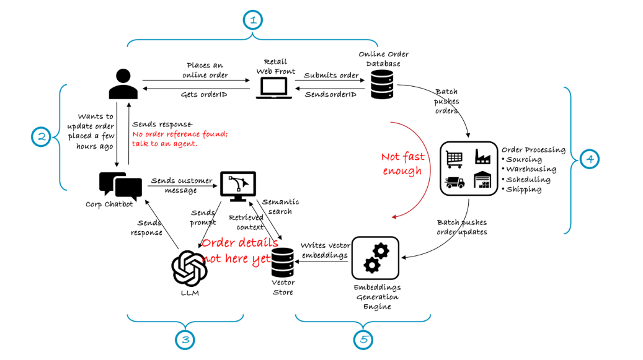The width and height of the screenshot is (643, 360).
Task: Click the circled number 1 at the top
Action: click(252, 20)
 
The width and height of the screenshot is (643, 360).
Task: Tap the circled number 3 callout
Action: click(185, 339)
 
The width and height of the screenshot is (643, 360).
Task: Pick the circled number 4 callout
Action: click(590, 159)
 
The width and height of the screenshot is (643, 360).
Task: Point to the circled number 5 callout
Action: click(363, 339)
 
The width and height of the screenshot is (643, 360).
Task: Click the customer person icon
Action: click(123, 85)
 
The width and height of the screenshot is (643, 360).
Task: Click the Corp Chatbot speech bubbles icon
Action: click(120, 185)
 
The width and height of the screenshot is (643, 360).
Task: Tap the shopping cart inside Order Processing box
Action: click(454, 157)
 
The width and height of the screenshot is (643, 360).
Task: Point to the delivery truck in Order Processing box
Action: click(454, 182)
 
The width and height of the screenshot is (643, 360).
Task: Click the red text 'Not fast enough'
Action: click(401, 164)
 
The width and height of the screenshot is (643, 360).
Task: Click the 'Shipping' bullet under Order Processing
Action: click(524, 190)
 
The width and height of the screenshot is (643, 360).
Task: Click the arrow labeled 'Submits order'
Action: click(331, 80)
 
